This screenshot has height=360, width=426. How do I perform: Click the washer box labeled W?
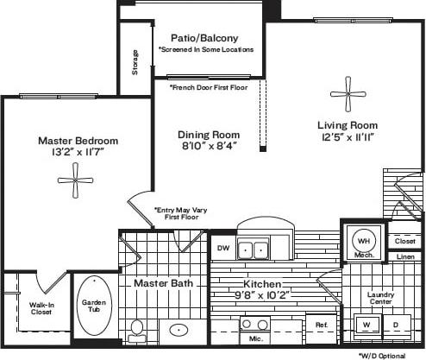click(x=366, y=325)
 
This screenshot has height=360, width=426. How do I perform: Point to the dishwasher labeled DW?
click(x=222, y=247)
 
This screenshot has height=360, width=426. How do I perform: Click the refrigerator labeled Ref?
click(x=321, y=325)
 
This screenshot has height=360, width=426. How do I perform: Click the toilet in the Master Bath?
click(x=137, y=329)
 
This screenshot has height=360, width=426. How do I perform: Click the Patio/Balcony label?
click(x=205, y=38)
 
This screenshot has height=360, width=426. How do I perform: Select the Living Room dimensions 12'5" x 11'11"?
click(x=347, y=138)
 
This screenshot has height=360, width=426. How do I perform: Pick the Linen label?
click(x=404, y=256)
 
